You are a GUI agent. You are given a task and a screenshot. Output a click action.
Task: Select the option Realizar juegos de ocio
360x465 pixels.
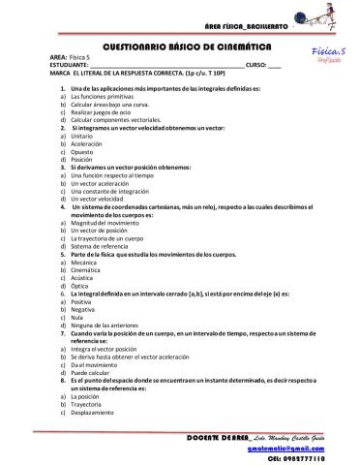pyautogui.click(x=104, y=111)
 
